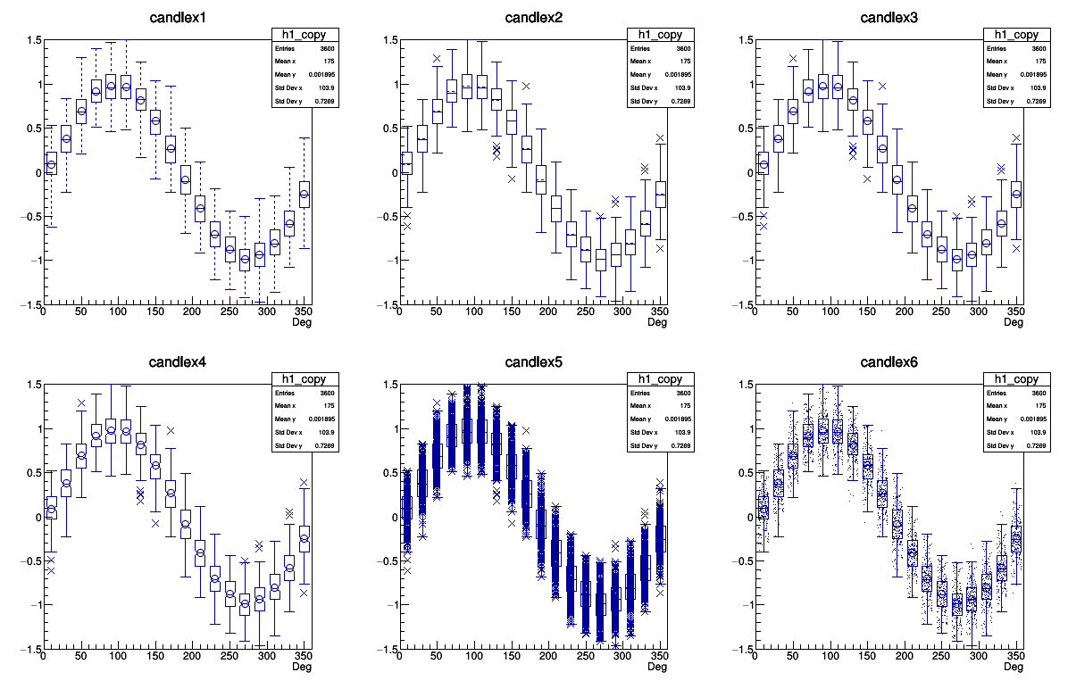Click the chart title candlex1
pyautogui.click(x=179, y=18)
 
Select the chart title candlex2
pyautogui.click(x=535, y=18)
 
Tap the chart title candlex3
pyautogui.click(x=889, y=18)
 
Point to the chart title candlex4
pyautogui.click(x=179, y=362)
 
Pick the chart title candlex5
pyautogui.click(x=535, y=362)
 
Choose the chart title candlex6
pyautogui.click(x=889, y=362)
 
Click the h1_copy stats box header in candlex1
pyautogui.click(x=305, y=34)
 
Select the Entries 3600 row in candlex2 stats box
pyautogui.click(x=660, y=48)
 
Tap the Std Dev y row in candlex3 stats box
pyautogui.click(x=1015, y=101)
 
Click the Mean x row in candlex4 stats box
pyautogui.click(x=305, y=406)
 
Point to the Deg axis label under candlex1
pyautogui.click(x=302, y=322)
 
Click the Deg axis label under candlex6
pyautogui.click(x=1013, y=667)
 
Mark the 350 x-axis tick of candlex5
pyautogui.click(x=657, y=656)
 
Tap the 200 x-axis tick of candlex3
pyautogui.click(x=905, y=311)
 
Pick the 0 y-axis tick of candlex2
pyautogui.click(x=390, y=172)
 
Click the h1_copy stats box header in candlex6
pyautogui.click(x=1015, y=378)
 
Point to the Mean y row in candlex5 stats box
pyautogui.click(x=660, y=419)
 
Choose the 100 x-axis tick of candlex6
pyautogui.click(x=830, y=656)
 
